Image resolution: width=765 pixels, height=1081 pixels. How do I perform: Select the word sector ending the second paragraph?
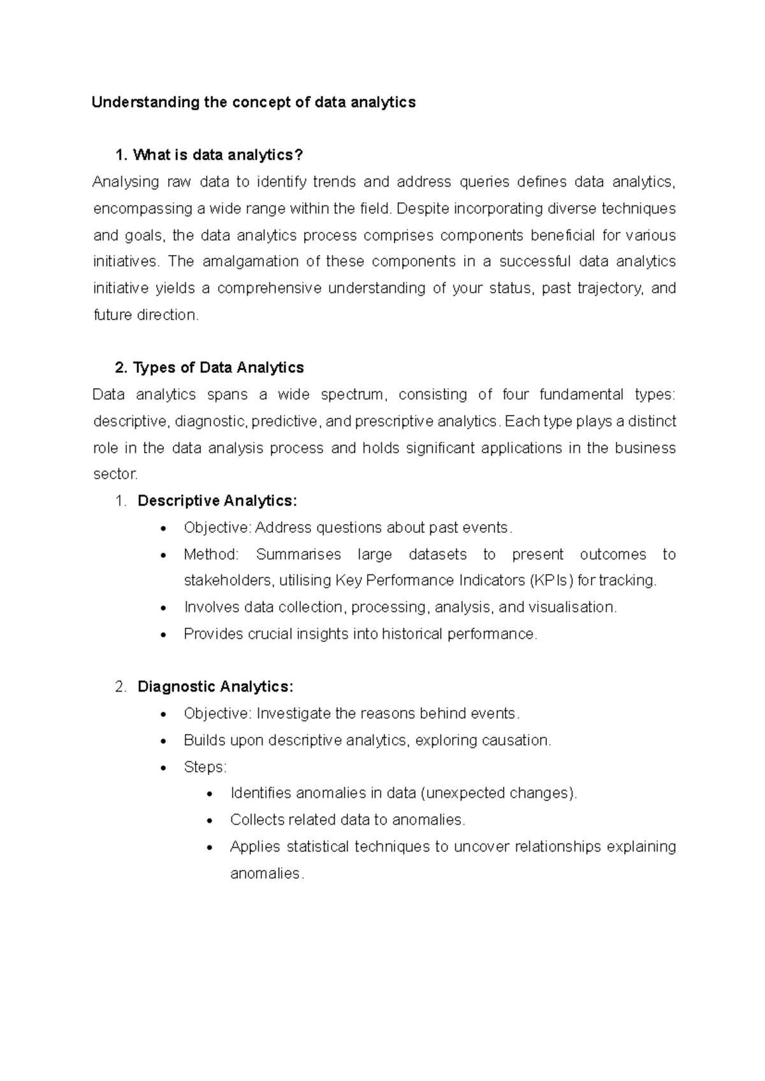114,474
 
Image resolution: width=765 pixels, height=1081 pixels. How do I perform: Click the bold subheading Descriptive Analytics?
217,501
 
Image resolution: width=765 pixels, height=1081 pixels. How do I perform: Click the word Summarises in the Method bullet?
298,555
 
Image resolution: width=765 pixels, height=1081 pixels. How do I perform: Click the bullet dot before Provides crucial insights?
165,635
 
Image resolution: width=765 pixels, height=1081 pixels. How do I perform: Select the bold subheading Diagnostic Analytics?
215,687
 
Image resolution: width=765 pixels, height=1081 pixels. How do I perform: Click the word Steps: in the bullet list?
205,767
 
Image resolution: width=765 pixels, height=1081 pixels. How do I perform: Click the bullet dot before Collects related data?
211,821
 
